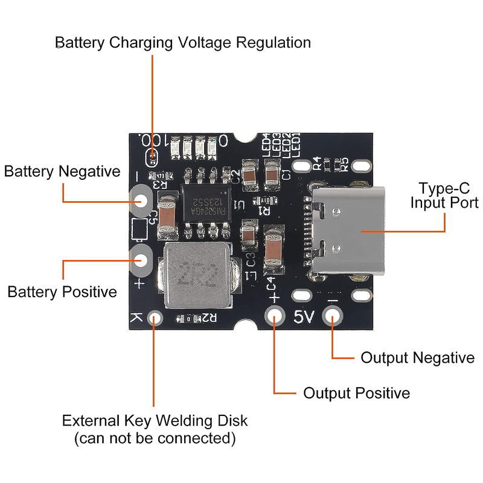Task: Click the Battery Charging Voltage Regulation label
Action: (183, 43)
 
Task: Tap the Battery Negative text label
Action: (62, 171)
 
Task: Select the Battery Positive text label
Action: (62, 292)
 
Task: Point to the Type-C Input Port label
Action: (444, 194)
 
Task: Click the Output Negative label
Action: (417, 358)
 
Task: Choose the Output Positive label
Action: (356, 394)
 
